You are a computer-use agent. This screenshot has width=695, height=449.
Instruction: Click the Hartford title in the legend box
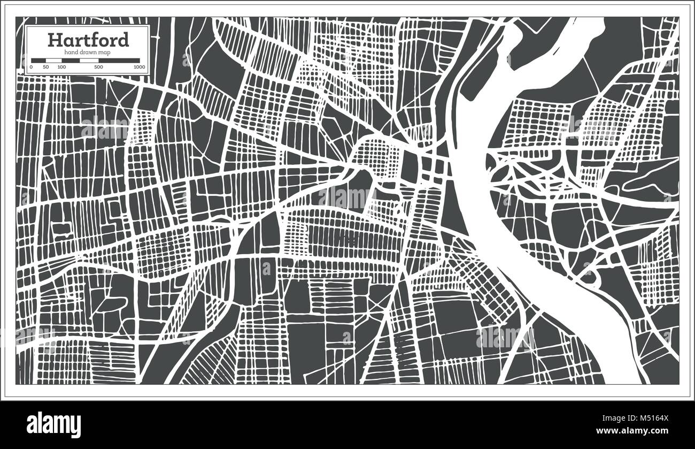88,40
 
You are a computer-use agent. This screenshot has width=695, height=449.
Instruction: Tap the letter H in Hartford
53,40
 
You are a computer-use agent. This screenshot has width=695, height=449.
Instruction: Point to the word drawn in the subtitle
89,51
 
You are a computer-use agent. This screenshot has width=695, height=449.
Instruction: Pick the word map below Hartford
105,51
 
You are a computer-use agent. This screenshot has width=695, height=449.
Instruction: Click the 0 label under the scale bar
31,67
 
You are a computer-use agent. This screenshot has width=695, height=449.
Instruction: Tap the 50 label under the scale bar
46,67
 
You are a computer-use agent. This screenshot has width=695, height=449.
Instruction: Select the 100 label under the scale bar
61,67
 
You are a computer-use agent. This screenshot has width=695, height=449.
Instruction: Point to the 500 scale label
98,67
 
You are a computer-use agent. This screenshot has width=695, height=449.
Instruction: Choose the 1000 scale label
140,67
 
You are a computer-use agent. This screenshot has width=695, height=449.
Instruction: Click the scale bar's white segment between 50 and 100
53,60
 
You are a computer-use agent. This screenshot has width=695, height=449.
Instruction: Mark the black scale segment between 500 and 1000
119,60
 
